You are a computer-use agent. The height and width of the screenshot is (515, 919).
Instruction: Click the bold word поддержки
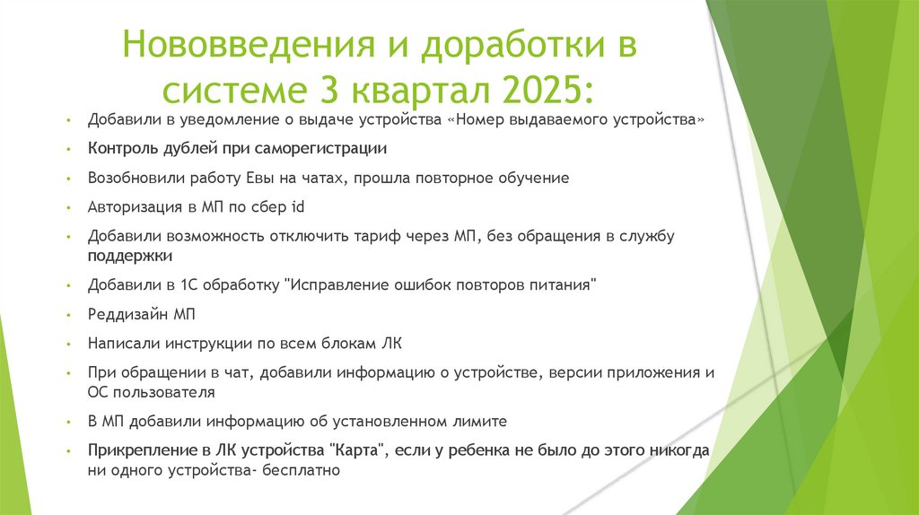[130, 256]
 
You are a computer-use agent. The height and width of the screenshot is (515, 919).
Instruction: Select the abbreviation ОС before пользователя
[99, 392]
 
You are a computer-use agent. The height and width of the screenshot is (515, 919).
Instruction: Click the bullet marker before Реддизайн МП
[68, 316]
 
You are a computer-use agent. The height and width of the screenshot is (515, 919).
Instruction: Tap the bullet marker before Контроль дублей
[68, 150]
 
